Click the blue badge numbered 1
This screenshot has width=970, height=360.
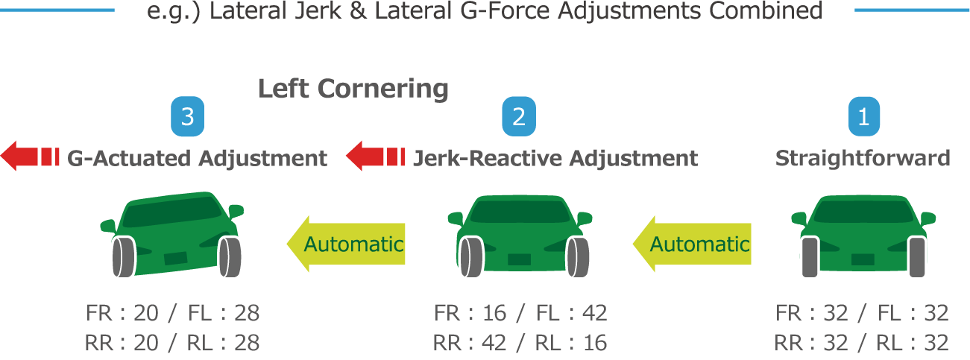point(863,118)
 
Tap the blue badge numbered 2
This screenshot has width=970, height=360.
point(518,118)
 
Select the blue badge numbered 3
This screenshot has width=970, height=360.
point(187,118)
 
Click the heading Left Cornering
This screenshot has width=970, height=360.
point(353,89)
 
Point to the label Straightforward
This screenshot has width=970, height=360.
point(863,158)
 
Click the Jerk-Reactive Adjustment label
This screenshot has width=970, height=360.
point(555,158)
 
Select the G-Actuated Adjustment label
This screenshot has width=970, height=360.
point(197,158)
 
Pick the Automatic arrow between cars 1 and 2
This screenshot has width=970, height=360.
point(691,244)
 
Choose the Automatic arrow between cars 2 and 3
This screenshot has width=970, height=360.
point(346,244)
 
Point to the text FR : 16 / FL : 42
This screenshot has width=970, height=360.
point(520,313)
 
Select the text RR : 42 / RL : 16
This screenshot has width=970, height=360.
point(520,342)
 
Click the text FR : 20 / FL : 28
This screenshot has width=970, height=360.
point(173,313)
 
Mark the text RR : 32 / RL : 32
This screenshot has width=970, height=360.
point(861,342)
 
